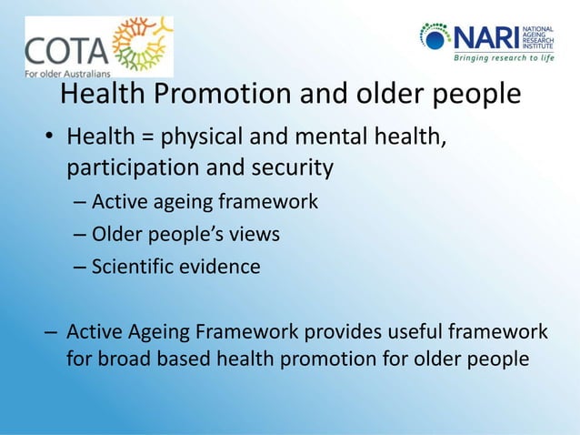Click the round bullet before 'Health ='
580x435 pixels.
(x=50, y=139)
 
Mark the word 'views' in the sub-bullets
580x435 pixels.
(x=254, y=234)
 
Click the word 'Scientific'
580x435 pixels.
(x=134, y=267)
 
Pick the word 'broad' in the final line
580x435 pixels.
(x=128, y=359)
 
